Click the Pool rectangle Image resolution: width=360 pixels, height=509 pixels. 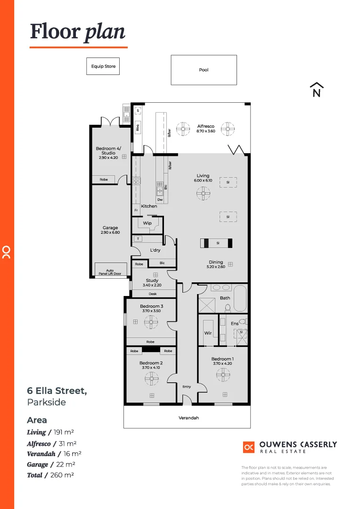[204, 70]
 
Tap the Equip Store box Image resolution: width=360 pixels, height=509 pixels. [103, 66]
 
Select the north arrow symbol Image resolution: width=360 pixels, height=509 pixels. [317, 90]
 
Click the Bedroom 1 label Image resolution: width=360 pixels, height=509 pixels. [222, 359]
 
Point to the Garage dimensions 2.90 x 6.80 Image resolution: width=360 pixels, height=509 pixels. [110, 232]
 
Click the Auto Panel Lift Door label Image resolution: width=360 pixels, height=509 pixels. [110, 272]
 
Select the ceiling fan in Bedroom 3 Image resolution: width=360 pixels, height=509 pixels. [151, 322]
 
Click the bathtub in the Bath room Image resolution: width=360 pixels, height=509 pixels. [240, 298]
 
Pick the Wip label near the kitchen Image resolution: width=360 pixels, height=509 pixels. [147, 223]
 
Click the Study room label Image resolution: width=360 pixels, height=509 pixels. [152, 280]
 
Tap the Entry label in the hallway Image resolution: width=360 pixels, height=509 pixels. [187, 387]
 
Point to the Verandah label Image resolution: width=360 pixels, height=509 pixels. [188, 418]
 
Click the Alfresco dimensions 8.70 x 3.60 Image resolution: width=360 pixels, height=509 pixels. [205, 131]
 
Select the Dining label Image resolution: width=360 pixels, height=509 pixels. [216, 263]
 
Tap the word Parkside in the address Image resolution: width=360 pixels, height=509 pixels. [46, 402]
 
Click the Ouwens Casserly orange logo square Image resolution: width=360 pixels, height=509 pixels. [249, 447]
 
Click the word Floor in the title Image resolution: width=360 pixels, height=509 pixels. [55, 32]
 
